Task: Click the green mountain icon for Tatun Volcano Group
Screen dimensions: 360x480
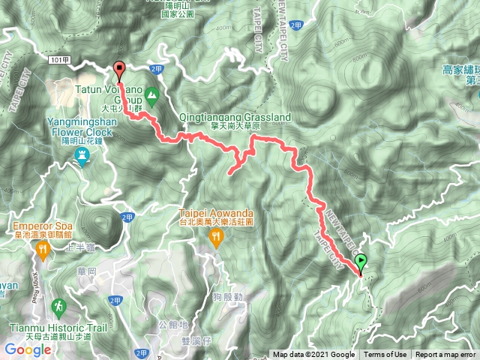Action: [151, 96]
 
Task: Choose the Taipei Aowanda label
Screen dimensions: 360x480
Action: [218, 214]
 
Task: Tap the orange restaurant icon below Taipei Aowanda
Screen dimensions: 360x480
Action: [217, 237]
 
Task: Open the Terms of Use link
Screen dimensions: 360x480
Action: [385, 355]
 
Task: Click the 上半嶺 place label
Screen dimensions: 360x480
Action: [77, 247]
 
